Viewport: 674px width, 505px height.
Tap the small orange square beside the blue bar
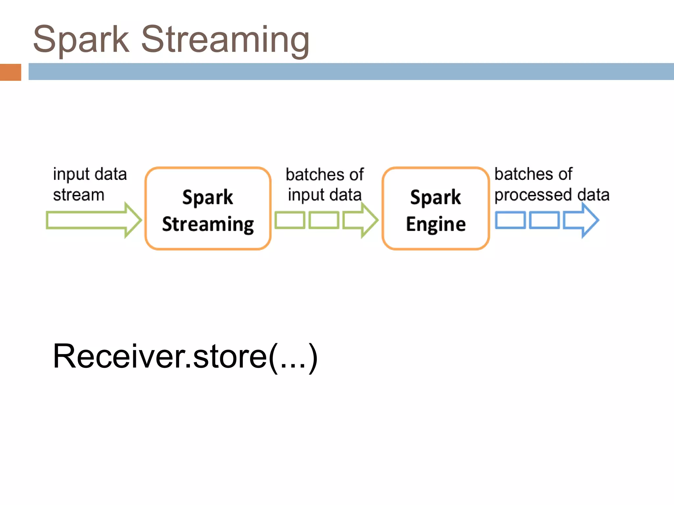coord(11,72)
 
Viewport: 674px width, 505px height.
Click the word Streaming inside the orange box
coord(208,225)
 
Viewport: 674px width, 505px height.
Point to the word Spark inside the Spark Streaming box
coord(208,197)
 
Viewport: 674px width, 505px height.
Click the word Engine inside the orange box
coord(436,225)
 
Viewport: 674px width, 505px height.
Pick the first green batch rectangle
coord(290,220)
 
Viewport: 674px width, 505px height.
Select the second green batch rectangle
coord(324,220)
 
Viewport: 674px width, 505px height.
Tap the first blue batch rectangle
coord(510,220)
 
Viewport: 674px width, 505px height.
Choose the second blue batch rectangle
coord(544,220)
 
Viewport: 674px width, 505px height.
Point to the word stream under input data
coord(79,195)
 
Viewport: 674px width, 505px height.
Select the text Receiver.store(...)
coord(185,357)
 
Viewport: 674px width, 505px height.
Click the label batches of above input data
coord(324,175)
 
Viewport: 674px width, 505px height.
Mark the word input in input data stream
coord(71,175)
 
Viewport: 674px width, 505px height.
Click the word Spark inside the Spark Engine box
coord(435,197)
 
